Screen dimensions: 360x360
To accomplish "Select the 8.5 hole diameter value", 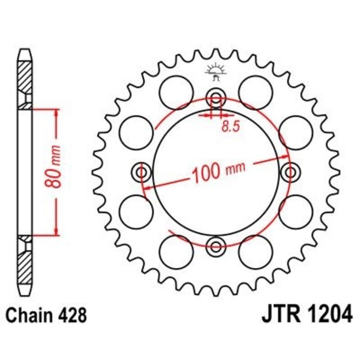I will click(229, 127).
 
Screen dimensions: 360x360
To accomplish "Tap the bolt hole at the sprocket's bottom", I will click(216, 246).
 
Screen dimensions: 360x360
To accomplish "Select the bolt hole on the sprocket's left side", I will click(142, 172).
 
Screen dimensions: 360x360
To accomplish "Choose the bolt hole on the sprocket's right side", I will click(290, 172).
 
